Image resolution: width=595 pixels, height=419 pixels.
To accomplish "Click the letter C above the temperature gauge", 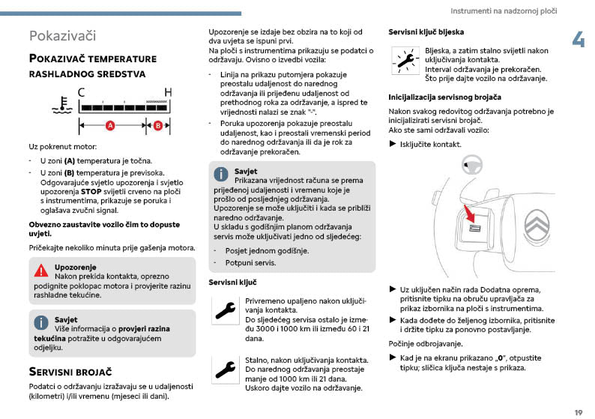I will tap(80, 92).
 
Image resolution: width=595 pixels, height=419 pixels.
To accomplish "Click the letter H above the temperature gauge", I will tap(168, 92).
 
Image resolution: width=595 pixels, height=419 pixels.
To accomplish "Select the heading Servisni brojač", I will tap(70, 371).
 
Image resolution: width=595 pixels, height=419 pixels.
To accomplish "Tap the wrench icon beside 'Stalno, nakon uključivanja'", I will tap(224, 367).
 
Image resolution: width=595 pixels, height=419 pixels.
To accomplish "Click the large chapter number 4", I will tap(578, 40).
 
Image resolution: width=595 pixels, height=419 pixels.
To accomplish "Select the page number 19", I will tap(578, 412).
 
